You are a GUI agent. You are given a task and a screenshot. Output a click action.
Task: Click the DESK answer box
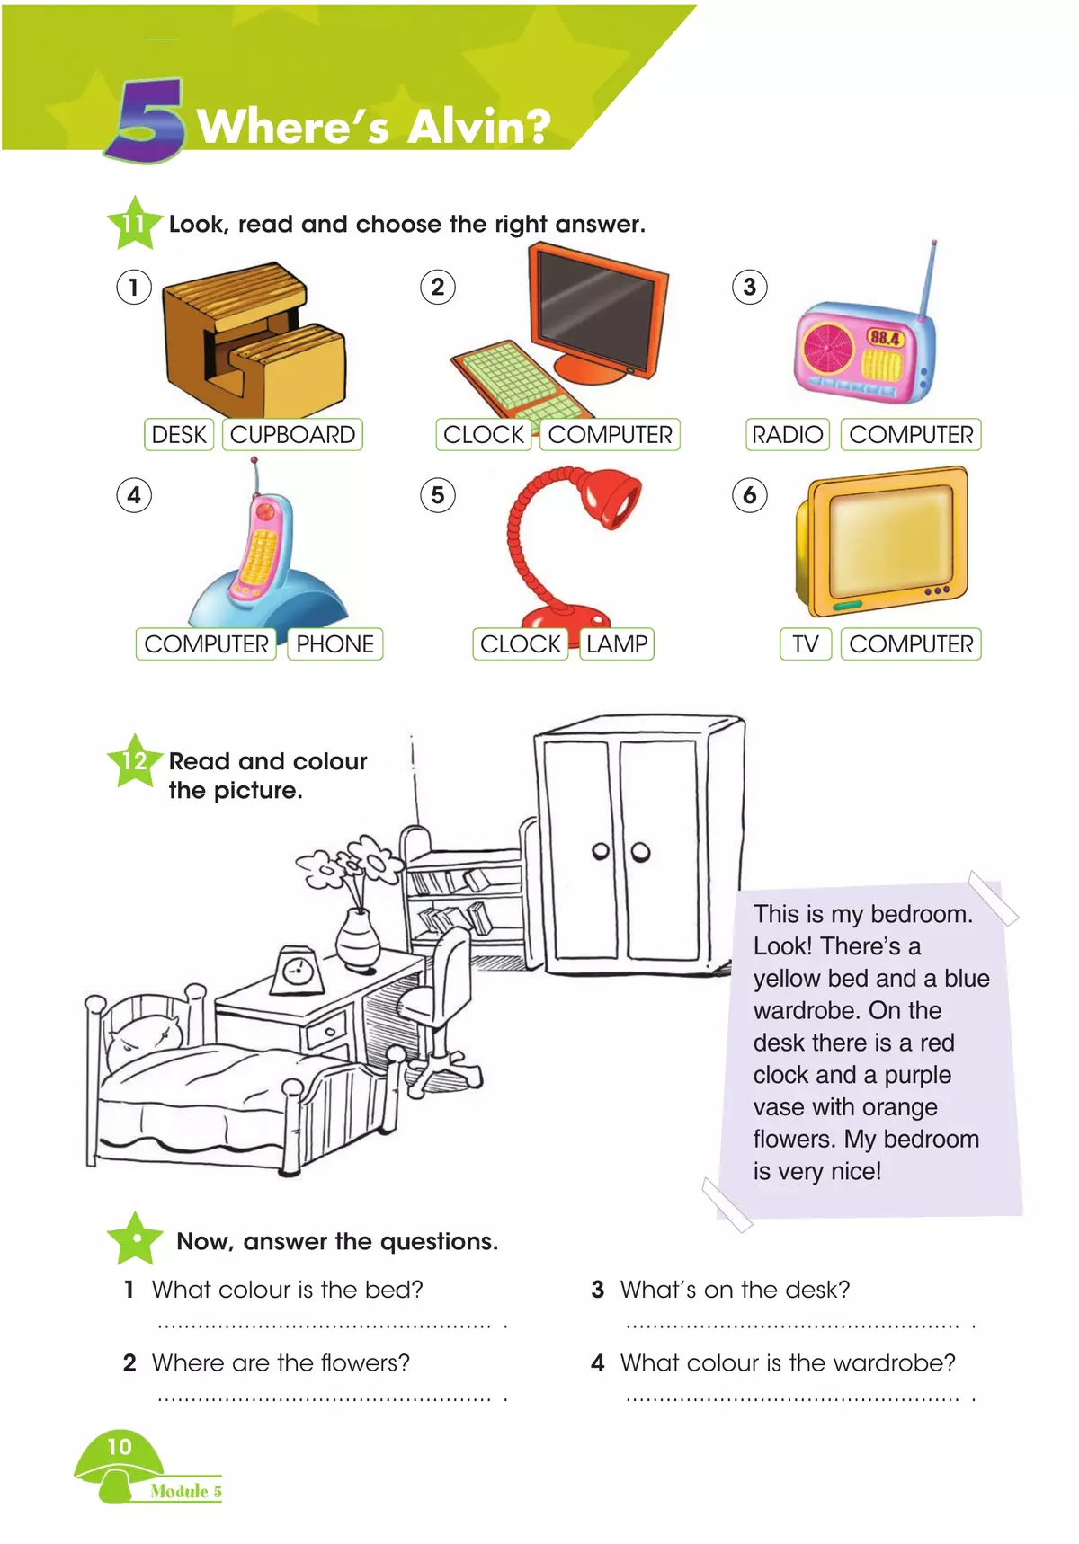click(x=179, y=435)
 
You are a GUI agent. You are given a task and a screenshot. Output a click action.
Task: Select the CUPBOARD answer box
click(x=292, y=435)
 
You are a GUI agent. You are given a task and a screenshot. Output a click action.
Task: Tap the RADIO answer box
click(x=787, y=435)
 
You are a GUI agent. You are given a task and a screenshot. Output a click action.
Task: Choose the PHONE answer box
click(x=334, y=644)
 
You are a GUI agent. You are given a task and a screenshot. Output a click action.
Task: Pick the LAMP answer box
click(x=616, y=644)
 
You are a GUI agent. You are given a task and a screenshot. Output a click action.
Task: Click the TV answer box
click(x=805, y=644)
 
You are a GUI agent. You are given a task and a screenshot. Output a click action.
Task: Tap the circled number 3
click(x=749, y=288)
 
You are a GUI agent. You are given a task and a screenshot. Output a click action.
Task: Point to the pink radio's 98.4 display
click(x=885, y=338)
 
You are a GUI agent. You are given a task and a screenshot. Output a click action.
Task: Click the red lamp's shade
click(x=611, y=496)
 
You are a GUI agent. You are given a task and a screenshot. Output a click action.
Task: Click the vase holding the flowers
click(x=358, y=939)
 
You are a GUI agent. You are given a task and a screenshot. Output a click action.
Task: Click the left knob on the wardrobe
click(x=601, y=851)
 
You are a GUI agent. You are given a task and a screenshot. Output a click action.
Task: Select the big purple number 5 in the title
click(x=146, y=121)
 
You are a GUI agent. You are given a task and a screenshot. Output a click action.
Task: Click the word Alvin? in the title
click(x=478, y=126)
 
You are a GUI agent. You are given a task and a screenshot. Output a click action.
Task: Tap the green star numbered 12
click(x=134, y=760)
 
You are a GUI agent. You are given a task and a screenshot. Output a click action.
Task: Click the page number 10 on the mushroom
click(x=120, y=1447)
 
